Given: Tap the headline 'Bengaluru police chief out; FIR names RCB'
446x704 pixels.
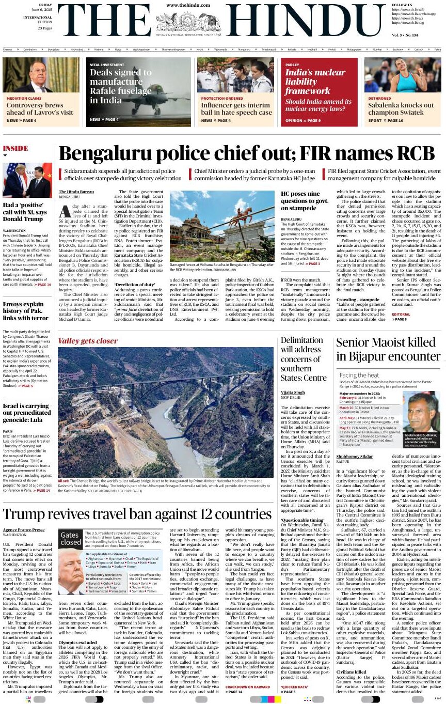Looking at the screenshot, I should pos(247,154).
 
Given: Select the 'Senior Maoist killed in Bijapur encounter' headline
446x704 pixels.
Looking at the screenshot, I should pos(388,349).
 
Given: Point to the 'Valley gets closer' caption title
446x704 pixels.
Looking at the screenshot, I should pos(88,341).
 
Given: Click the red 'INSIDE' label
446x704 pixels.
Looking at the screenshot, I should pos(15,149).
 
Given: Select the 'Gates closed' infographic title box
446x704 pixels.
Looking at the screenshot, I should pos(70,539).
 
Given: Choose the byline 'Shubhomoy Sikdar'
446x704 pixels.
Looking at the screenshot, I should pos(355,457).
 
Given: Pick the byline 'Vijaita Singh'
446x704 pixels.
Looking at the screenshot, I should pos(292,392).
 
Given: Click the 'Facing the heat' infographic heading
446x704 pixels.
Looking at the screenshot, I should pos(359,375).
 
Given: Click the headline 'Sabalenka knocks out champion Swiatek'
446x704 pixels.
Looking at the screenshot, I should pos(401,108).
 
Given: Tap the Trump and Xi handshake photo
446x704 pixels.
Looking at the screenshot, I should pos(27,180).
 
